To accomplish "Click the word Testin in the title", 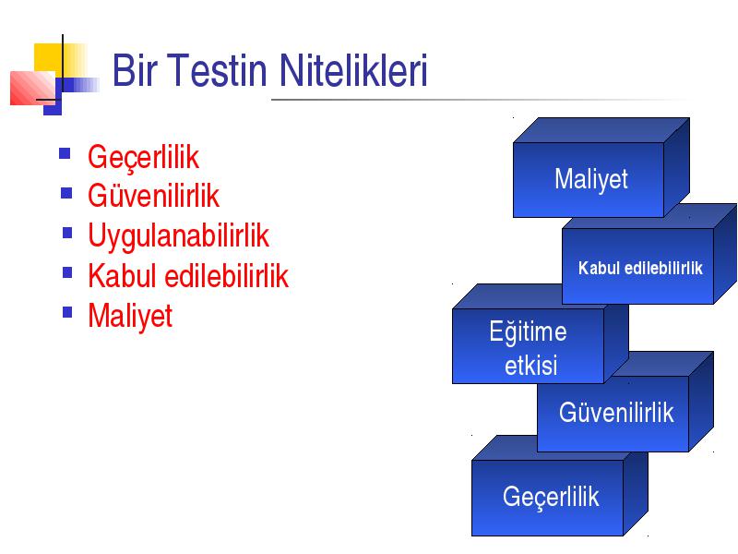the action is [217, 70].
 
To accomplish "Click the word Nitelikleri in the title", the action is [353, 70].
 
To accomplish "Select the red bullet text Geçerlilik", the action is [143, 157].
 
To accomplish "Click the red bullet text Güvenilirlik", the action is [153, 195].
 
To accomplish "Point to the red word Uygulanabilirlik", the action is [178, 236].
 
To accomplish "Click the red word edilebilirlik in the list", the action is [226, 275].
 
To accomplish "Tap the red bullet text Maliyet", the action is [130, 316].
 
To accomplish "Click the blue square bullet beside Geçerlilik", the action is [65, 153].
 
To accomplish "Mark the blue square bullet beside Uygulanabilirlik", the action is [67, 234].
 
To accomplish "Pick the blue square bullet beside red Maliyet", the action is [67, 312].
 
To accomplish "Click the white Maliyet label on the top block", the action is [591, 179].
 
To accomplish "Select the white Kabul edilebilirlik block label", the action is [640, 268].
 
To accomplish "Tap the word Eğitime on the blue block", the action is [528, 331].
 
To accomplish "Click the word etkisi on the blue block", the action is [531, 365].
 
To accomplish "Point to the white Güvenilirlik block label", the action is [616, 412].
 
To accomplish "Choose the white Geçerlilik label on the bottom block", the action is [551, 498].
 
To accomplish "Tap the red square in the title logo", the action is [32, 88].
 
